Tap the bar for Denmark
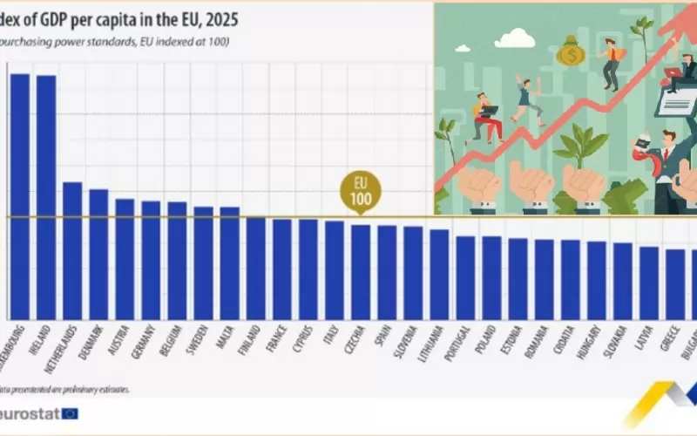[x=98, y=254]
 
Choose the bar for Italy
[x=335, y=269]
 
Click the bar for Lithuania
[x=439, y=274]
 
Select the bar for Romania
[x=545, y=279]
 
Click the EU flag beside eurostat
[x=70, y=413]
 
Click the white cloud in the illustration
[x=518, y=37]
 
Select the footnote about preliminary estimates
[x=65, y=389]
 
